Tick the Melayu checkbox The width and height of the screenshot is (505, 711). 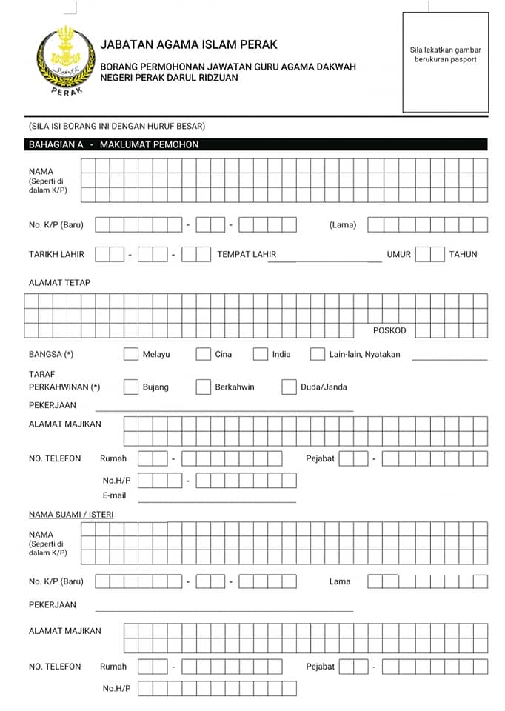[x=131, y=354]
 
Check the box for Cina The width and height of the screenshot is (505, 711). [x=203, y=354]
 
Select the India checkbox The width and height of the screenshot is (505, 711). [x=260, y=354]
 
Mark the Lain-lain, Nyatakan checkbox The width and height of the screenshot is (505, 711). [x=318, y=354]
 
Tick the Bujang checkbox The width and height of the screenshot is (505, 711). [x=131, y=387]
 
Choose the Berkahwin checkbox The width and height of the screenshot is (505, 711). [x=203, y=387]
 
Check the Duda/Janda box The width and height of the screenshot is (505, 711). [x=289, y=387]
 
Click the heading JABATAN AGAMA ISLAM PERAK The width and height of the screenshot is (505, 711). [x=189, y=45]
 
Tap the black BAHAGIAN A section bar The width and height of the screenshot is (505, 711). [x=255, y=145]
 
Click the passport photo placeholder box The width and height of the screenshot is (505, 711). [x=445, y=62]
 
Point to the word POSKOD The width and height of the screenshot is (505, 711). [x=389, y=330]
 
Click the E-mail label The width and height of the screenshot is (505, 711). [x=114, y=495]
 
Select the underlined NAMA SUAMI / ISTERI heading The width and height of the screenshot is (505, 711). [x=71, y=514]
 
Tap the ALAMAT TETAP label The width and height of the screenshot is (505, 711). [x=60, y=283]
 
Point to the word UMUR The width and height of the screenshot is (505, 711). [x=398, y=254]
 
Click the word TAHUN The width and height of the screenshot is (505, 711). [x=464, y=254]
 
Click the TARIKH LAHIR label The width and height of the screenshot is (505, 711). [x=57, y=254]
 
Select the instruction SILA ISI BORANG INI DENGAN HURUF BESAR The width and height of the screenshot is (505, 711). [x=116, y=126]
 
